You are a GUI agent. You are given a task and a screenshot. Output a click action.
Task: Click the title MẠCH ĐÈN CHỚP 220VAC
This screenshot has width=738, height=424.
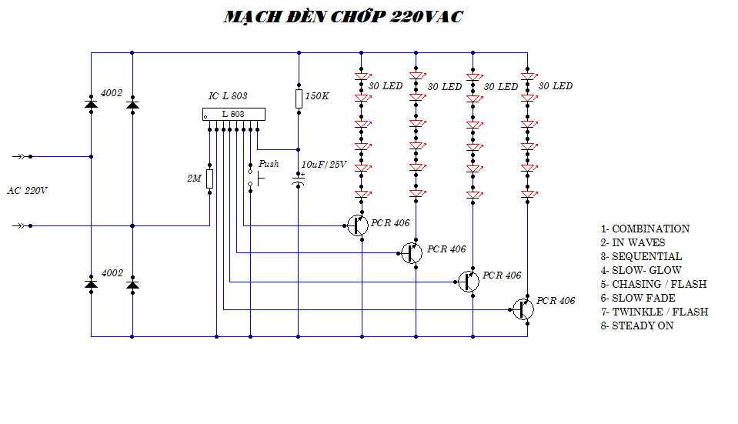point(343,17)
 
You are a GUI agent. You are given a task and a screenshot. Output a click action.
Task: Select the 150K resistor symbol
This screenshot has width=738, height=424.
point(299,98)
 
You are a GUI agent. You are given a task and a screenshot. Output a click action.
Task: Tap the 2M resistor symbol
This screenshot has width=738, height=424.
point(209,179)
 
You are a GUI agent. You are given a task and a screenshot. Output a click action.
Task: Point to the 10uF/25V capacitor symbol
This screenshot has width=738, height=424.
point(299,179)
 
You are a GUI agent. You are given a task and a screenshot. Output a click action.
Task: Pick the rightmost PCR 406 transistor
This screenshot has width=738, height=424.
point(523,309)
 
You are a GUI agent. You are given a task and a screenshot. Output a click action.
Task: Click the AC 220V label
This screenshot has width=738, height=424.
point(27,190)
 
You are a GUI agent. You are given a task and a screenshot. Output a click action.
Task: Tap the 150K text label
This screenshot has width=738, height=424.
point(317,97)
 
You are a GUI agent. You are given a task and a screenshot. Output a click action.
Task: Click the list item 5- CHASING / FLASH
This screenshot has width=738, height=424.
point(653,284)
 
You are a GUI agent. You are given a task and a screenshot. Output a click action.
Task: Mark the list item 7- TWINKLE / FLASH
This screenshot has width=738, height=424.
point(654,312)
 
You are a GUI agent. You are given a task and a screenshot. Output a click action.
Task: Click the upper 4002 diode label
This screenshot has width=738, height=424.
point(112,93)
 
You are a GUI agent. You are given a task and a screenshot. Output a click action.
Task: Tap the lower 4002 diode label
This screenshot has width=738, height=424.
point(112,273)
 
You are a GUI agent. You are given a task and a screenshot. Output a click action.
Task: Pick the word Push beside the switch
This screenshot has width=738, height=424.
point(269,164)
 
